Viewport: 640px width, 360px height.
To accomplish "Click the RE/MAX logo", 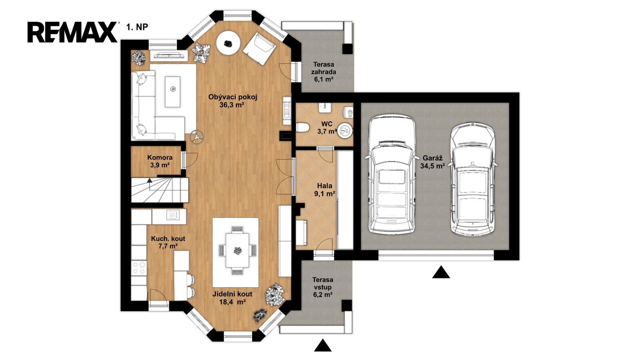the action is [72, 32].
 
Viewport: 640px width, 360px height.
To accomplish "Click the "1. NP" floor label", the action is [137, 27].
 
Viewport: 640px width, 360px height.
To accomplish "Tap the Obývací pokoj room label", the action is [232, 101].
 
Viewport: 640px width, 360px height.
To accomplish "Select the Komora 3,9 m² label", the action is [160, 161].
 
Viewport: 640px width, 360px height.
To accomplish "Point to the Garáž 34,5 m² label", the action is [432, 162].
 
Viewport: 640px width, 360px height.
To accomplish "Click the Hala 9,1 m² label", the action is [324, 190].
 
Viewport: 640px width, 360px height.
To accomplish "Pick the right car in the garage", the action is [472, 180].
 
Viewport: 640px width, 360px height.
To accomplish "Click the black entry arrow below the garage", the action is [441, 272].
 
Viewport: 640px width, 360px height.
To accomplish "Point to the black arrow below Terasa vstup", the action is [323, 346].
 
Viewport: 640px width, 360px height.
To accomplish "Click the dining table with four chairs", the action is [237, 250].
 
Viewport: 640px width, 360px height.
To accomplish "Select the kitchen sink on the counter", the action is [173, 215].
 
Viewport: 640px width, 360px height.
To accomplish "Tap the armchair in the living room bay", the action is [260, 49].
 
